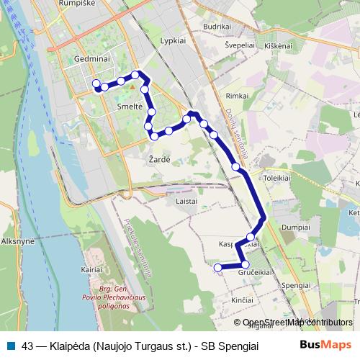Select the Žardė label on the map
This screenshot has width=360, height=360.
(159, 158)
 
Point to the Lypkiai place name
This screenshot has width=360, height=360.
(175, 42)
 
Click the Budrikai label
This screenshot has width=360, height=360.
(217, 25)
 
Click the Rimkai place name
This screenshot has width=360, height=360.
(238, 95)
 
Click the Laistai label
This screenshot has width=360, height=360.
(186, 201)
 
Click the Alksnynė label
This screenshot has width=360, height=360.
(18, 242)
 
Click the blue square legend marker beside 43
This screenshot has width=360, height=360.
(10, 344)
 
